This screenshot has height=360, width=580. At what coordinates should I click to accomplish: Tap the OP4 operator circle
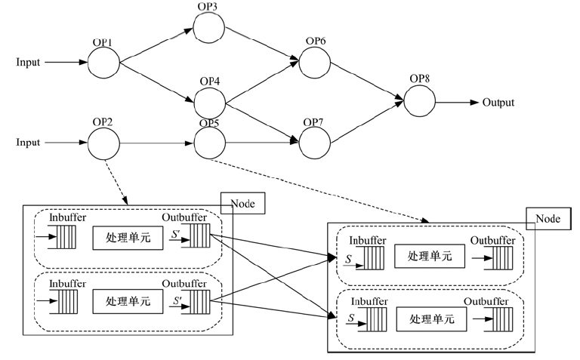(x=210, y=102)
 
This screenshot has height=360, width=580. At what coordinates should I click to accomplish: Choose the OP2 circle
(x=103, y=141)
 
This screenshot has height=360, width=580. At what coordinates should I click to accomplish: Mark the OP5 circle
(x=209, y=141)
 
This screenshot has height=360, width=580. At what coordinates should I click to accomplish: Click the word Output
(x=498, y=102)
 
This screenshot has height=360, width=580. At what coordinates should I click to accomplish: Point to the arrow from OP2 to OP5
(x=156, y=141)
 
